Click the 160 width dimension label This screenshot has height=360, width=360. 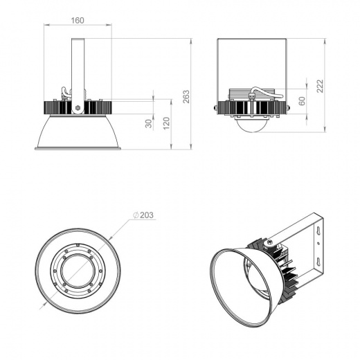tap(78, 21)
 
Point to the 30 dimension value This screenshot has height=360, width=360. tap(147, 123)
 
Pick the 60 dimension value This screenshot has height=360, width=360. tap(301, 101)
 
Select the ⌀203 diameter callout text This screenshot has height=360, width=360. tap(145, 215)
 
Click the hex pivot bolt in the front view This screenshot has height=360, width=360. tap(78, 108)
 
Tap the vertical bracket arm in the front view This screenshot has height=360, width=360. tap(78, 66)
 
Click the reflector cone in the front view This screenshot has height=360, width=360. tap(78, 133)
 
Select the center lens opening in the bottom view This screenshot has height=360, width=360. tap(78, 269)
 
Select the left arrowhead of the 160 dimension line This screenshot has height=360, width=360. tap(46, 26)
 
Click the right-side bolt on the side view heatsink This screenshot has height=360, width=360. tap(288, 107)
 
